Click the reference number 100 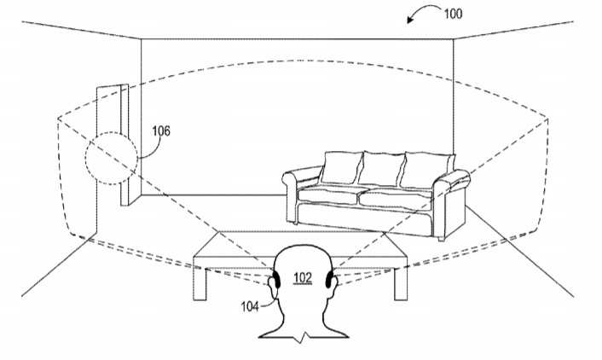(453, 14)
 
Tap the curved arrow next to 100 (422, 9)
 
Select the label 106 (161, 131)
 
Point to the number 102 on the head (303, 277)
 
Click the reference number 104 (250, 306)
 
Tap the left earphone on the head (276, 279)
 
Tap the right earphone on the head (329, 279)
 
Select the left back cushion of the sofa (341, 167)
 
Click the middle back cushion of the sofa (381, 169)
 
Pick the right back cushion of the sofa (428, 171)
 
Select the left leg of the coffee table (200, 283)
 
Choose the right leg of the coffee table (401, 283)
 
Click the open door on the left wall (113, 146)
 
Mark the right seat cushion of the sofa (396, 198)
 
